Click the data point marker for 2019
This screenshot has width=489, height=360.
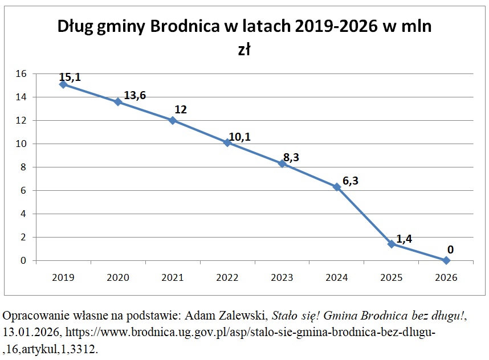click(x=63, y=84)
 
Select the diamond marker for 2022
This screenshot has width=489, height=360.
click(x=227, y=142)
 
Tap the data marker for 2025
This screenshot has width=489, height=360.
click(x=391, y=244)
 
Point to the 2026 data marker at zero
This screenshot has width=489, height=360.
click(x=446, y=260)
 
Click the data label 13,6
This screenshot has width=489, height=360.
click(x=135, y=95)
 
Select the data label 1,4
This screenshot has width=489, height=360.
click(x=404, y=239)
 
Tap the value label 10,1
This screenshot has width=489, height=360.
click(x=239, y=137)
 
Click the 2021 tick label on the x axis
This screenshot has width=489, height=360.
click(x=172, y=277)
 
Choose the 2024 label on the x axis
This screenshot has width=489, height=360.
click(x=336, y=277)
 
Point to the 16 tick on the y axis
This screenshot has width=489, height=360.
click(x=21, y=73)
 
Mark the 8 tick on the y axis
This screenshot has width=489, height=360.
click(x=24, y=167)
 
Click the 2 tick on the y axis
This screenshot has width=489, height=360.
click(x=24, y=237)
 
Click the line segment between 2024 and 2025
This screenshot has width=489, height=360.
click(x=364, y=215)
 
